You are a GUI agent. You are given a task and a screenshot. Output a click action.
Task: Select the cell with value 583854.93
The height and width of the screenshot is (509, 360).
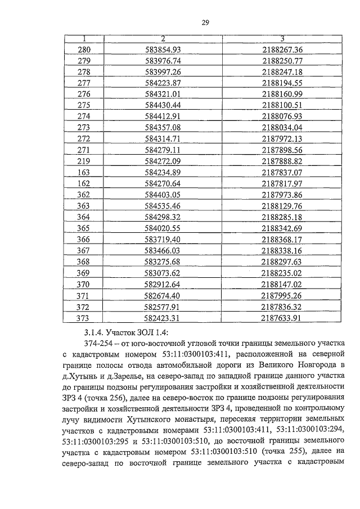tap(162, 49)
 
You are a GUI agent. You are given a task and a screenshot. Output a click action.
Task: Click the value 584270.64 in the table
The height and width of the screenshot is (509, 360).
tap(162, 183)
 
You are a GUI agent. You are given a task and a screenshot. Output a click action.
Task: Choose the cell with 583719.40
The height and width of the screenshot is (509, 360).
tap(162, 239)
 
